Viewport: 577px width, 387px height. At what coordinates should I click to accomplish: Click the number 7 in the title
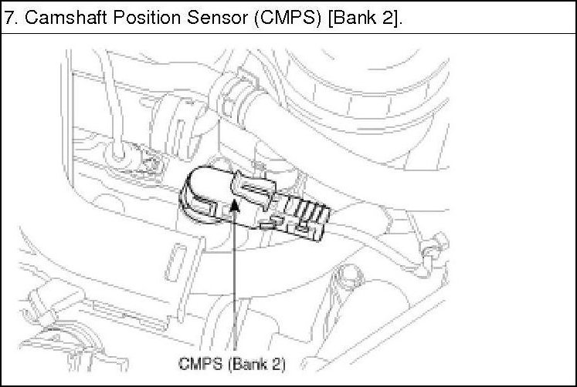tap(9, 18)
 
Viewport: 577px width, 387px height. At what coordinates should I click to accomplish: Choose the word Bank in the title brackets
tap(355, 18)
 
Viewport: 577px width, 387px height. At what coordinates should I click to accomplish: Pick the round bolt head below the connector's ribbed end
tap(345, 276)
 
